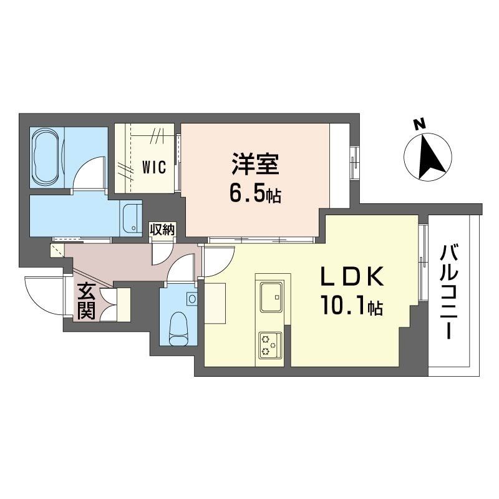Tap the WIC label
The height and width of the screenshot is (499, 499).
(x=153, y=167)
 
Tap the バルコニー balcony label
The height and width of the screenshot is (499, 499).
(x=448, y=291)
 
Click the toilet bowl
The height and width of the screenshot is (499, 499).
(x=179, y=326)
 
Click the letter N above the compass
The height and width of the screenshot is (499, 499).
(x=420, y=124)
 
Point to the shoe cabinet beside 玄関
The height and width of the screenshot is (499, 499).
(x=122, y=304)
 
